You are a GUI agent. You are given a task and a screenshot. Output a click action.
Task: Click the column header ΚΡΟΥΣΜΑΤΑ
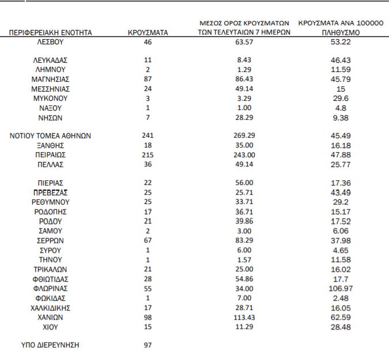pyautogui.click(x=148, y=33)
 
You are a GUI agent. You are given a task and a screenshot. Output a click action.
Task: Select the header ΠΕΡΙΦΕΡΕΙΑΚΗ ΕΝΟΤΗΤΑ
pyautogui.click(x=50, y=33)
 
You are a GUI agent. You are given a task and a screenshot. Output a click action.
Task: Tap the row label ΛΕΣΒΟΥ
pyautogui.click(x=50, y=43)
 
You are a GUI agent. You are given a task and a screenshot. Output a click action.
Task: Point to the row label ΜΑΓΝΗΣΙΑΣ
pyautogui.click(x=50, y=79)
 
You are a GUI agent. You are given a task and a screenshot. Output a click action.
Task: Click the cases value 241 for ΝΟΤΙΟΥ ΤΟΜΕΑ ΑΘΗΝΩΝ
pyautogui.click(x=148, y=136)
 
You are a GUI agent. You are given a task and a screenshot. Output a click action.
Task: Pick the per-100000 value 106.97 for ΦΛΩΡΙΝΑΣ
pyautogui.click(x=341, y=289)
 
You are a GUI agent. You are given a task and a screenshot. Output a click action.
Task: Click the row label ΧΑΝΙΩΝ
pyautogui.click(x=50, y=317)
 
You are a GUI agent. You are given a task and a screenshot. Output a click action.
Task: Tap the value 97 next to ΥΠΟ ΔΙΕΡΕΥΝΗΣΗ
pyautogui.click(x=148, y=345)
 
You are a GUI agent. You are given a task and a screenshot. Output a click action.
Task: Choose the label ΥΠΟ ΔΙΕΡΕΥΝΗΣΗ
pyautogui.click(x=50, y=345)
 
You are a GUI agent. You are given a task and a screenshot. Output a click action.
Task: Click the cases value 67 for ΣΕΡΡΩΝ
pyautogui.click(x=148, y=241)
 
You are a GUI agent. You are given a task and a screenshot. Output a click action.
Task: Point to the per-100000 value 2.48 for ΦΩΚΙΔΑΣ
pyautogui.click(x=341, y=298)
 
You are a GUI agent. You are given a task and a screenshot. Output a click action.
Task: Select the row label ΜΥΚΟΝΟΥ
pyautogui.click(x=50, y=98)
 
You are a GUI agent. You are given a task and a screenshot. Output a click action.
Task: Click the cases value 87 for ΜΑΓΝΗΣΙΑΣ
pyautogui.click(x=148, y=79)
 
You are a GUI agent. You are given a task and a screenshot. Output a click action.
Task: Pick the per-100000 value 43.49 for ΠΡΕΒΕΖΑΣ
pyautogui.click(x=341, y=193)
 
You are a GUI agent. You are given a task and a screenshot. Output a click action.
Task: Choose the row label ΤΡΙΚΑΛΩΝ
pyautogui.click(x=50, y=270)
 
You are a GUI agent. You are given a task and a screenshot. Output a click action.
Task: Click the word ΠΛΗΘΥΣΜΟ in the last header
pyautogui.click(x=341, y=33)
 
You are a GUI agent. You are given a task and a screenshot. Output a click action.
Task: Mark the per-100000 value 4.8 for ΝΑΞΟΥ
pyautogui.click(x=341, y=108)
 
